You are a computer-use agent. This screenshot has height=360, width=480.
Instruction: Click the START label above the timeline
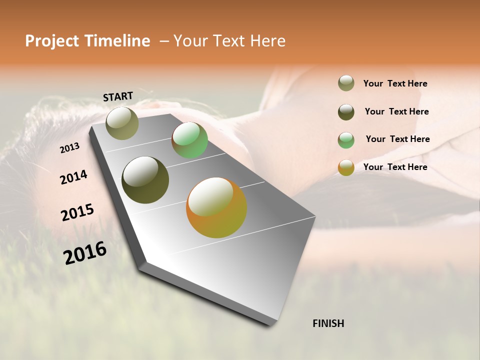pos(118,96)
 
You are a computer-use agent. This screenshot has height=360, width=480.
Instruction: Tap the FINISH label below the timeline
pos(328,323)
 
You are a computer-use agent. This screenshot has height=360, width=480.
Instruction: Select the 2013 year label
pos(70,148)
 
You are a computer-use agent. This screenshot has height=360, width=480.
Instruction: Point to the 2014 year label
pos(74,177)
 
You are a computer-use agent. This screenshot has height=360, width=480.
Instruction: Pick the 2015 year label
pos(77,212)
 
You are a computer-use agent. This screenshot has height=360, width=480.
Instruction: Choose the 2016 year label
pos(85,253)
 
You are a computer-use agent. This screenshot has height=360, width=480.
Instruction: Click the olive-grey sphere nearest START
pos(122,123)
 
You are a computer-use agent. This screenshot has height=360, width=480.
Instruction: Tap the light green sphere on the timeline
pos(189,140)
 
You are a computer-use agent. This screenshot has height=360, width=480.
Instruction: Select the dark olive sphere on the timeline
pos(145,180)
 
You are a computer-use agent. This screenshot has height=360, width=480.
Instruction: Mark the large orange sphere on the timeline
pos(216,207)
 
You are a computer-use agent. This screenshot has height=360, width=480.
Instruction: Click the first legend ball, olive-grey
pos(346,83)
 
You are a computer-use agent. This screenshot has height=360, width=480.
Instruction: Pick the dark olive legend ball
pos(346,112)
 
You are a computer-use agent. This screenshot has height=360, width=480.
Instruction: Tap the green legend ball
pos(346,140)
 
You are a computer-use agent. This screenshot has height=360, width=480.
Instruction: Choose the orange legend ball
pos(346,167)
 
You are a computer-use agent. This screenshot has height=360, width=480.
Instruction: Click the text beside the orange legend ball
pos(395,167)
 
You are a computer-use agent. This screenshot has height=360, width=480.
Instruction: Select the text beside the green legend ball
pos(397,139)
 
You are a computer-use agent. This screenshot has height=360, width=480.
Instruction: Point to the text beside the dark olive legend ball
pos(396,111)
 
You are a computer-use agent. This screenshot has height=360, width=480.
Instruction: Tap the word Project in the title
pos(51,41)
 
